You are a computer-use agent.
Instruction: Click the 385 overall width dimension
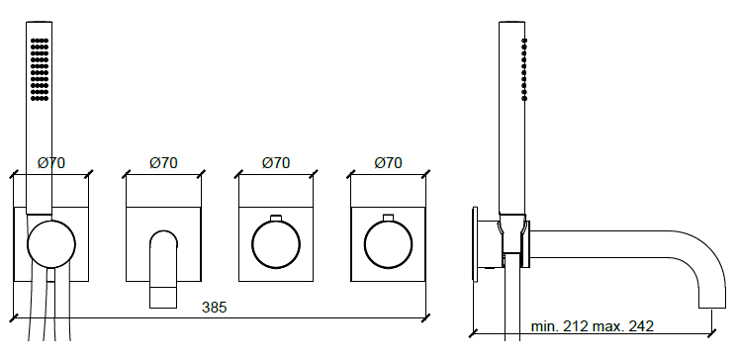(x=215, y=308)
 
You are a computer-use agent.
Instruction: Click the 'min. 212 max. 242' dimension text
(x=593, y=326)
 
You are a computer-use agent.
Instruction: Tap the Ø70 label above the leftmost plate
(x=51, y=163)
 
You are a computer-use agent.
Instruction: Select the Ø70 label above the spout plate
(x=163, y=163)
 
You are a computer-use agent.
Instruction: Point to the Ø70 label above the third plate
(x=276, y=163)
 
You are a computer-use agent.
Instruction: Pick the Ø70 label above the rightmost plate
(x=388, y=163)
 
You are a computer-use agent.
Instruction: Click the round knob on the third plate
(x=276, y=244)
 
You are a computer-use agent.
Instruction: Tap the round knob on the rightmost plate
(x=388, y=244)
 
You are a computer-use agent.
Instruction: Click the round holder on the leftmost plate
(x=51, y=244)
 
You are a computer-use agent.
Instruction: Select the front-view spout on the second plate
(x=163, y=269)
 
